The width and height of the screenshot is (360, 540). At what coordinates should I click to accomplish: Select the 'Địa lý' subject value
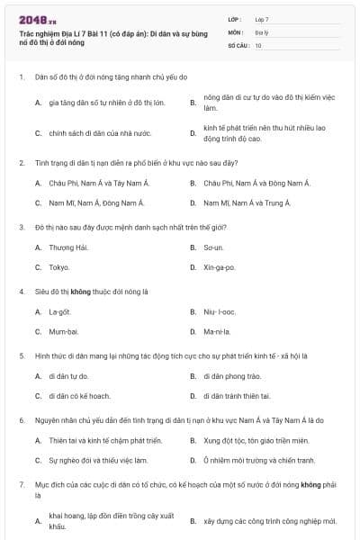click(x=260, y=31)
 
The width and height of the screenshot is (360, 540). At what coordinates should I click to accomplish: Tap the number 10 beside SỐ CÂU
click(x=258, y=45)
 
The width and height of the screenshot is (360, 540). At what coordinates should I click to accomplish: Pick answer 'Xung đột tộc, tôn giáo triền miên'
click(x=256, y=440)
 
